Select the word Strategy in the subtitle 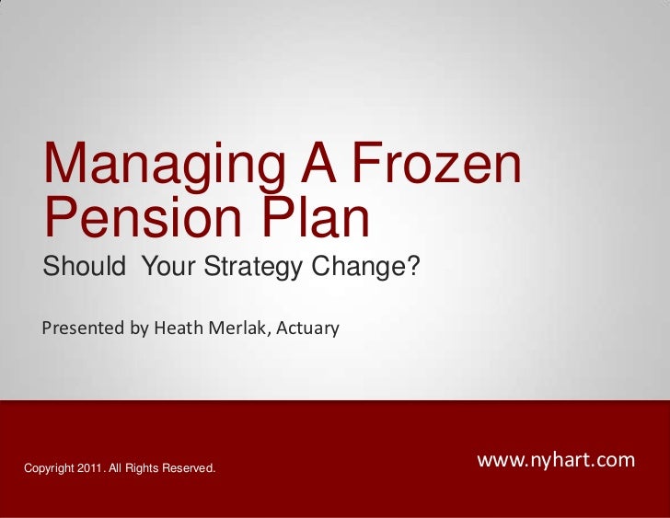(x=255, y=270)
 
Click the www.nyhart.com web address (x=556, y=459)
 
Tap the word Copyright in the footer (x=49, y=470)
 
